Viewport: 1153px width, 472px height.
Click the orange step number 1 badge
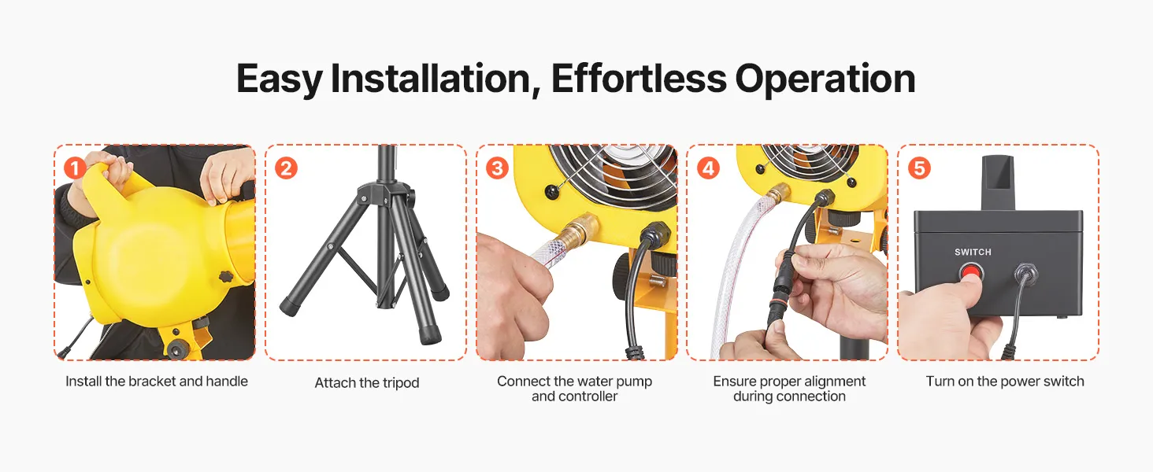(75, 168)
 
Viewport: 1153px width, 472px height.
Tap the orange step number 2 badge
(286, 168)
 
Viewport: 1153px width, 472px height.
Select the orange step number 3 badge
(497, 168)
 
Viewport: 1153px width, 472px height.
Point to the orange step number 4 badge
(708, 168)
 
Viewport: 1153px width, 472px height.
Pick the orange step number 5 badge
(919, 168)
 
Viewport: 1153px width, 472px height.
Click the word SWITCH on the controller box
(973, 252)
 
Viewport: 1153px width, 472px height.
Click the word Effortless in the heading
(639, 79)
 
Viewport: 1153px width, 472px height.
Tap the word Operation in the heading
(825, 80)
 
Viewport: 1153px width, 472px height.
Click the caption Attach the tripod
(367, 382)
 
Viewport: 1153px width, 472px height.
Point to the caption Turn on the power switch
(1005, 382)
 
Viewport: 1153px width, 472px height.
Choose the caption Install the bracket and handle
(157, 382)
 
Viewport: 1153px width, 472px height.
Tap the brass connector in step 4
(778, 192)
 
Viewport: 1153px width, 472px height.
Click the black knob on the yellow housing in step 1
(226, 276)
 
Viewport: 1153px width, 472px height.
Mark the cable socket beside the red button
(1025, 274)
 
